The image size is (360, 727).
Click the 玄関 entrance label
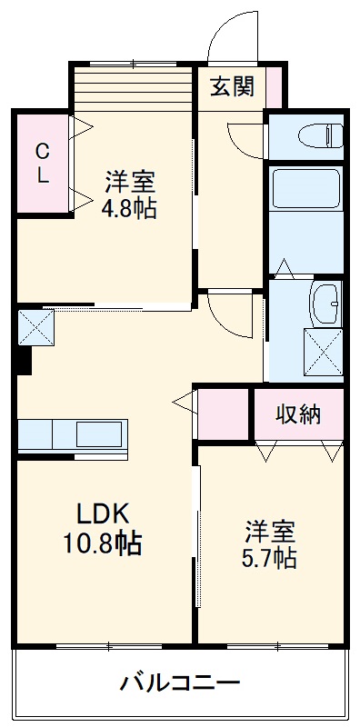click(234, 88)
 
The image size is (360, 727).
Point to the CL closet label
click(42, 164)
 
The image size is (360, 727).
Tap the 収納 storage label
click(299, 414)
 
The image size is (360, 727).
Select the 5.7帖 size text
click(270, 556)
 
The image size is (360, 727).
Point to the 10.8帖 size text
click(103, 544)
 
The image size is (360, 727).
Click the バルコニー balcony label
click(180, 682)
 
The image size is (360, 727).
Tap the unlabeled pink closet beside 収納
click(223, 414)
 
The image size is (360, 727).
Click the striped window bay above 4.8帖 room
click(134, 86)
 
